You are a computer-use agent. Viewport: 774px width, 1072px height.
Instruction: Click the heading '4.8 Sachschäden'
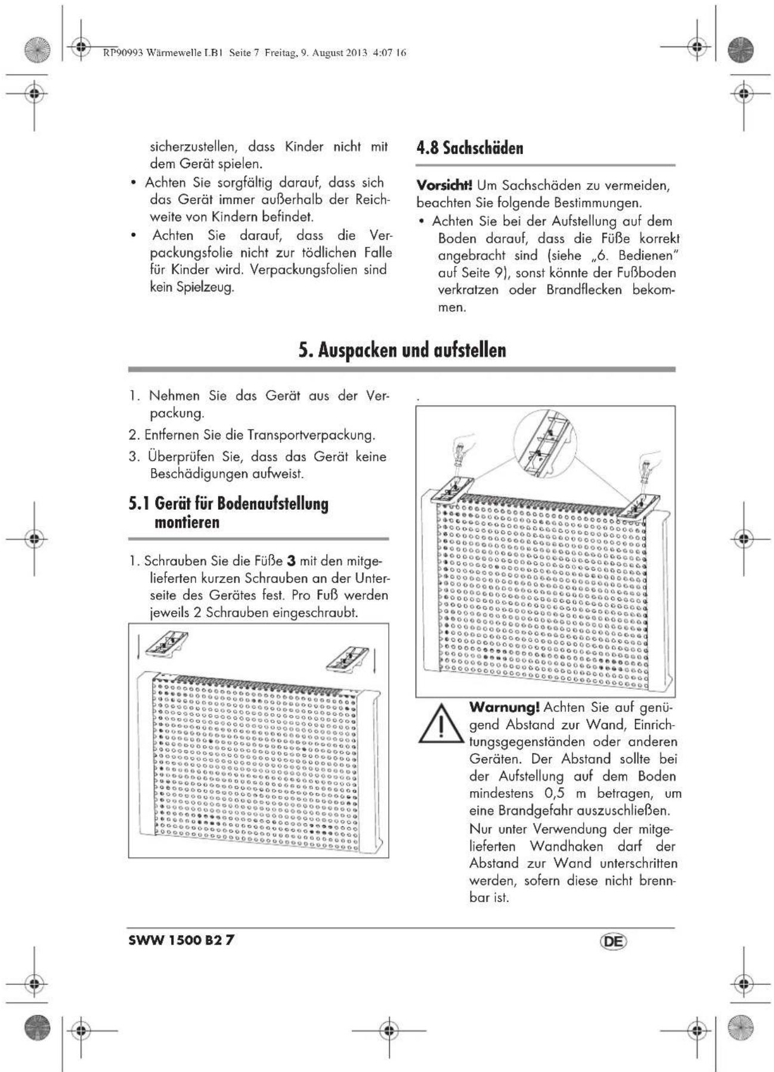coord(469,148)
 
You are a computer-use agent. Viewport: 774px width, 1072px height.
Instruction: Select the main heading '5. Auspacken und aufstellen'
coord(403,350)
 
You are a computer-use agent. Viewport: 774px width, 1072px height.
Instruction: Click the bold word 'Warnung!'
coord(504,707)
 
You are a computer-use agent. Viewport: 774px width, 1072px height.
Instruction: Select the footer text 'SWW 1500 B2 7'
coord(181,940)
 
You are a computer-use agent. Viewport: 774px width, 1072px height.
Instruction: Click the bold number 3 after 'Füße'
coord(291,562)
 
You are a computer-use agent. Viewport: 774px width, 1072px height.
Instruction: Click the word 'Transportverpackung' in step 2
coord(311,435)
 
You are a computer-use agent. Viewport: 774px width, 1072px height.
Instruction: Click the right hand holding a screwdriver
coord(649,463)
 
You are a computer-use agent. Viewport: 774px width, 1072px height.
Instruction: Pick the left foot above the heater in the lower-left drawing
coord(168,645)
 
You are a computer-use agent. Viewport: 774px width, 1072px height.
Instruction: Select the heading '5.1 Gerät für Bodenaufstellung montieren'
coord(228,513)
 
